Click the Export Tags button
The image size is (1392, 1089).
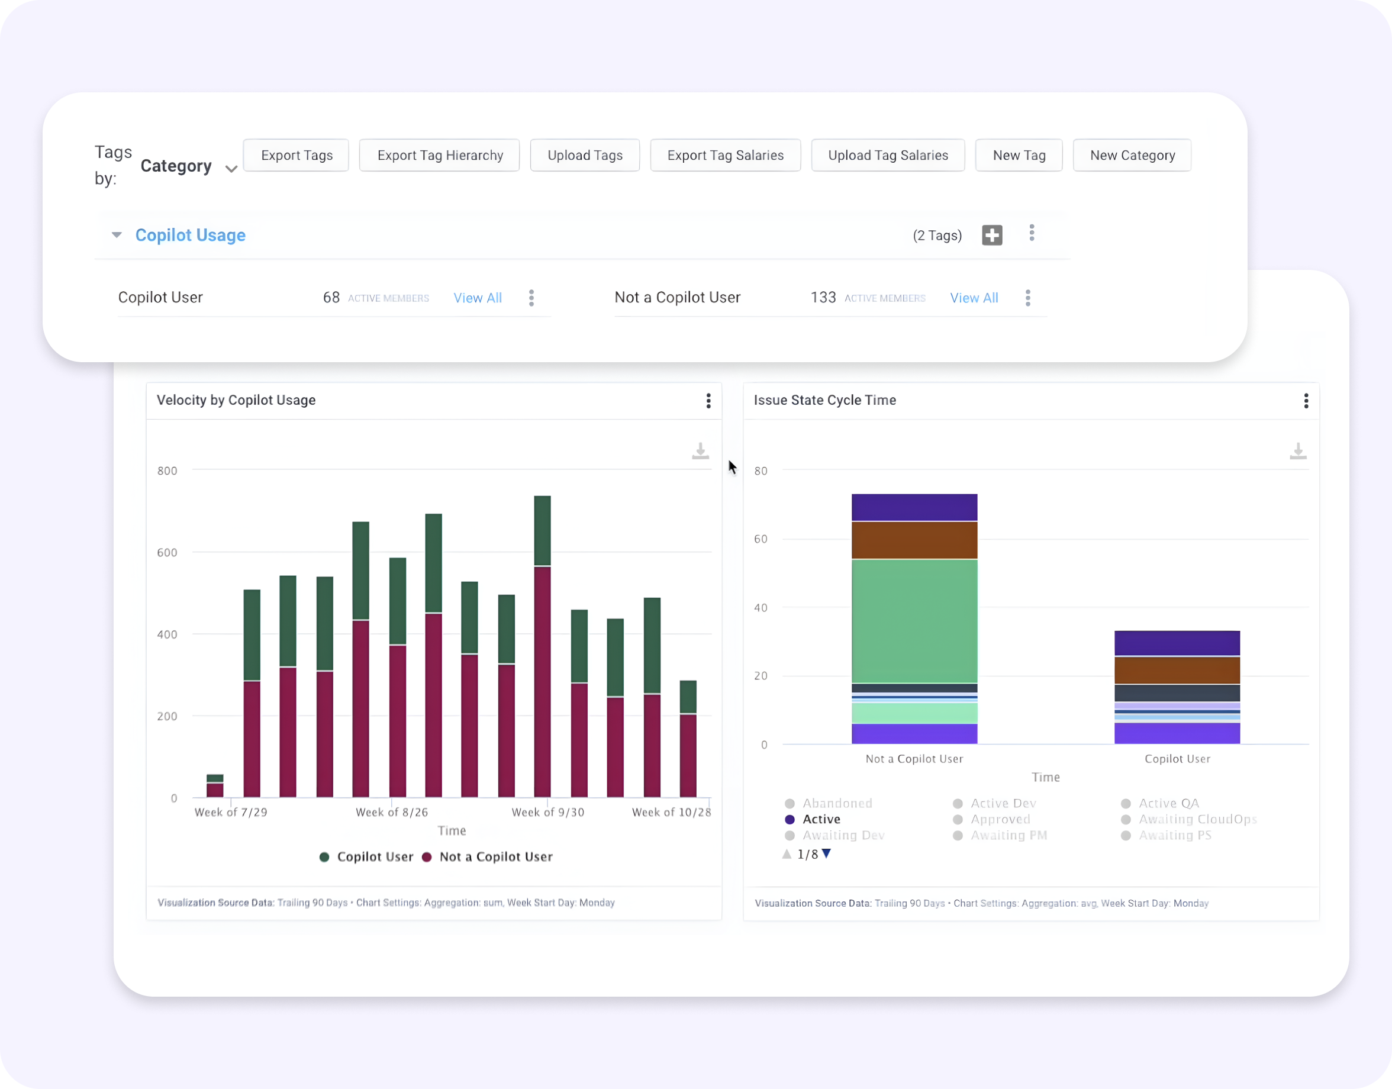[x=296, y=156]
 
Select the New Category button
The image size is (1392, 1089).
[x=1132, y=156]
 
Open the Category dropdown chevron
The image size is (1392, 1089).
[x=231, y=169]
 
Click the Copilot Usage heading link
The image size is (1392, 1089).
[x=190, y=236]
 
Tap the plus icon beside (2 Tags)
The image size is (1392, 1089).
[x=991, y=236]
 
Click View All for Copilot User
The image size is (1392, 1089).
[x=477, y=298]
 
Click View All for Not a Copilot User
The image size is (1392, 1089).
[x=974, y=298]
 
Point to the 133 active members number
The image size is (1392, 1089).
[x=823, y=298]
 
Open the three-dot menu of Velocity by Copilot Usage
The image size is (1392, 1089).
[x=708, y=401]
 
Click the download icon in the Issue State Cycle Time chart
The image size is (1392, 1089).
[x=1298, y=452]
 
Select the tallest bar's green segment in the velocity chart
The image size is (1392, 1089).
[x=542, y=530]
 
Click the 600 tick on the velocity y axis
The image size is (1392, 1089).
[x=167, y=553]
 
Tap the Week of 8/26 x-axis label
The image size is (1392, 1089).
[x=392, y=812]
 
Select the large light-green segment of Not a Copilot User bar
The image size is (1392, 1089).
[x=914, y=620]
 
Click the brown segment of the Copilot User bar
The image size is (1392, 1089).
[x=1177, y=670]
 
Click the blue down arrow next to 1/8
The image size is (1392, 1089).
[x=826, y=853]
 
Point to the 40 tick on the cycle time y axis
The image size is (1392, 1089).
[x=760, y=608]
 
